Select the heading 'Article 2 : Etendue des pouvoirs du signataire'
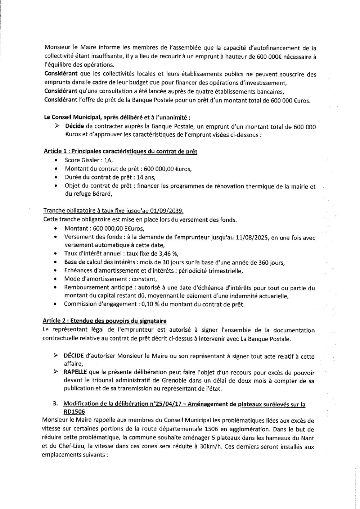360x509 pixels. click(105, 321)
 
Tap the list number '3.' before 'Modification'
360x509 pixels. click(56, 405)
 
